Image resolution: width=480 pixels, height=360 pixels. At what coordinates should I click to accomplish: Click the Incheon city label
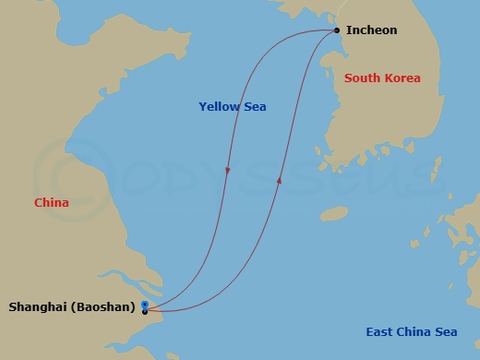pyautogui.click(x=371, y=30)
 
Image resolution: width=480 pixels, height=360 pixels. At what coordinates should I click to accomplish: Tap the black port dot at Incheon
pyautogui.click(x=337, y=30)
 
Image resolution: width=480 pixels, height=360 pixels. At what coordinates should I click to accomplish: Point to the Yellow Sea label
pyautogui.click(x=233, y=107)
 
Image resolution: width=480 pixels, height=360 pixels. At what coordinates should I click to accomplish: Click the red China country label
pyautogui.click(x=51, y=202)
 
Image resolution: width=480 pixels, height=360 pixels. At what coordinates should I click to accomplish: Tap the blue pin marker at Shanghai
pyautogui.click(x=145, y=304)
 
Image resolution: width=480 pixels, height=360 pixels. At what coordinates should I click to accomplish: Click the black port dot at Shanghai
pyautogui.click(x=145, y=312)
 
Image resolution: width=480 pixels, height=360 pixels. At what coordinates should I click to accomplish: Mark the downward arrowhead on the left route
pyautogui.click(x=227, y=172)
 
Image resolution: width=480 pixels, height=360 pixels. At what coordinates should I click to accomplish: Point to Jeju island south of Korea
pyautogui.click(x=333, y=213)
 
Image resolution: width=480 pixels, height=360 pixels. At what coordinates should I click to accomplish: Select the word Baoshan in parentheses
pyautogui.click(x=106, y=306)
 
